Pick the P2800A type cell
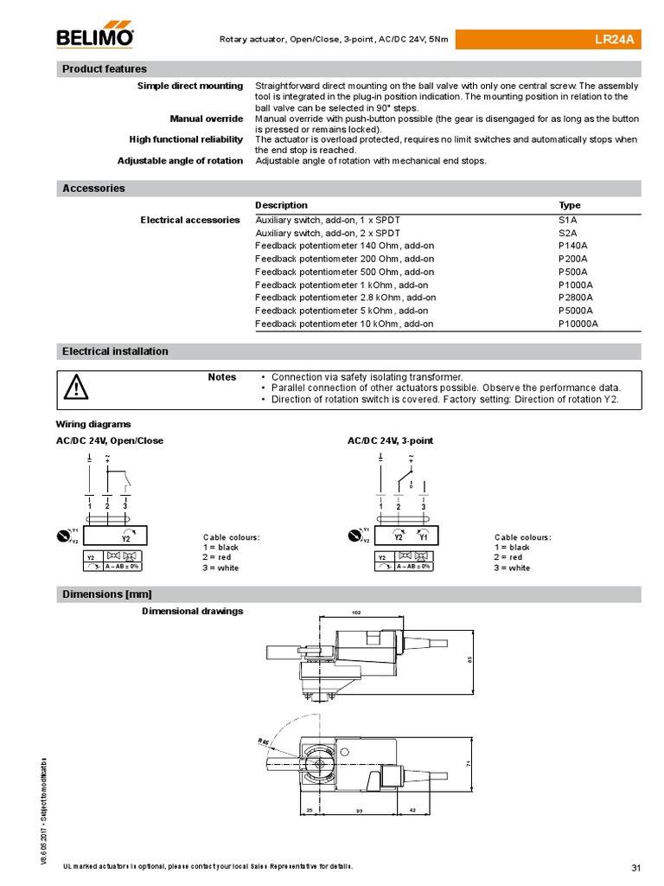point(577,298)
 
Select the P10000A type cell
point(579,324)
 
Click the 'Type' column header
point(570,205)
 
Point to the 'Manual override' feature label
point(206,119)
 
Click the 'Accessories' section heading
point(93,189)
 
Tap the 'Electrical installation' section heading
point(115,351)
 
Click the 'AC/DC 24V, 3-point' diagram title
point(390,440)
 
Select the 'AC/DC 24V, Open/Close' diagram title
point(110,440)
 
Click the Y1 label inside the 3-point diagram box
point(424,536)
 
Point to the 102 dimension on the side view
point(356,612)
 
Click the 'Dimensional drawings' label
point(192,611)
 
